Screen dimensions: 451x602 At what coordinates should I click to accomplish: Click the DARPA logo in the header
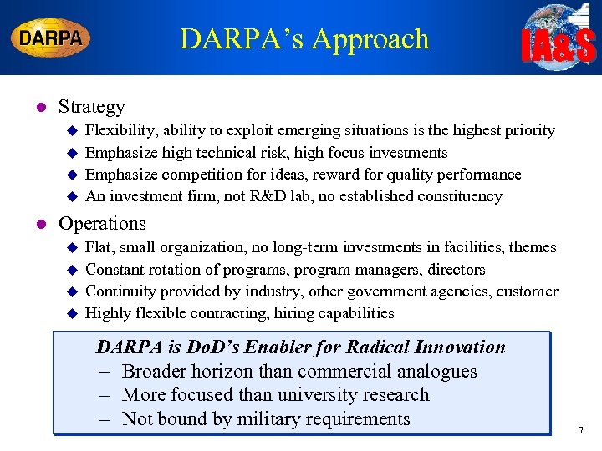pyautogui.click(x=50, y=38)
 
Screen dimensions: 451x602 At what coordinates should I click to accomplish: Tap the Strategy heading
pyautogui.click(x=91, y=107)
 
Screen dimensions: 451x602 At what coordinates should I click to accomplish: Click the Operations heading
pyautogui.click(x=102, y=224)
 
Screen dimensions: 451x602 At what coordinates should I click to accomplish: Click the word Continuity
pyautogui.click(x=122, y=291)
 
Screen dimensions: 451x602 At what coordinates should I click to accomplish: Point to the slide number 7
pyautogui.click(x=580, y=431)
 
